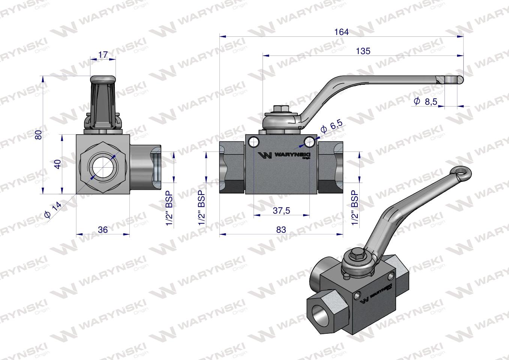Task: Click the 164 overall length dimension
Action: (341, 32)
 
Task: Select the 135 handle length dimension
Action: (363, 51)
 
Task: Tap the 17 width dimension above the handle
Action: (103, 55)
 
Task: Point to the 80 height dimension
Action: (38, 135)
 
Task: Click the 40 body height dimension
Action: (57, 164)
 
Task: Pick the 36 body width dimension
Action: (102, 229)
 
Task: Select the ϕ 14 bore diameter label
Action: (52, 210)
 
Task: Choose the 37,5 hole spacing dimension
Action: (281, 210)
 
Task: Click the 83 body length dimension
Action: (281, 230)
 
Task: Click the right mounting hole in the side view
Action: (310, 141)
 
